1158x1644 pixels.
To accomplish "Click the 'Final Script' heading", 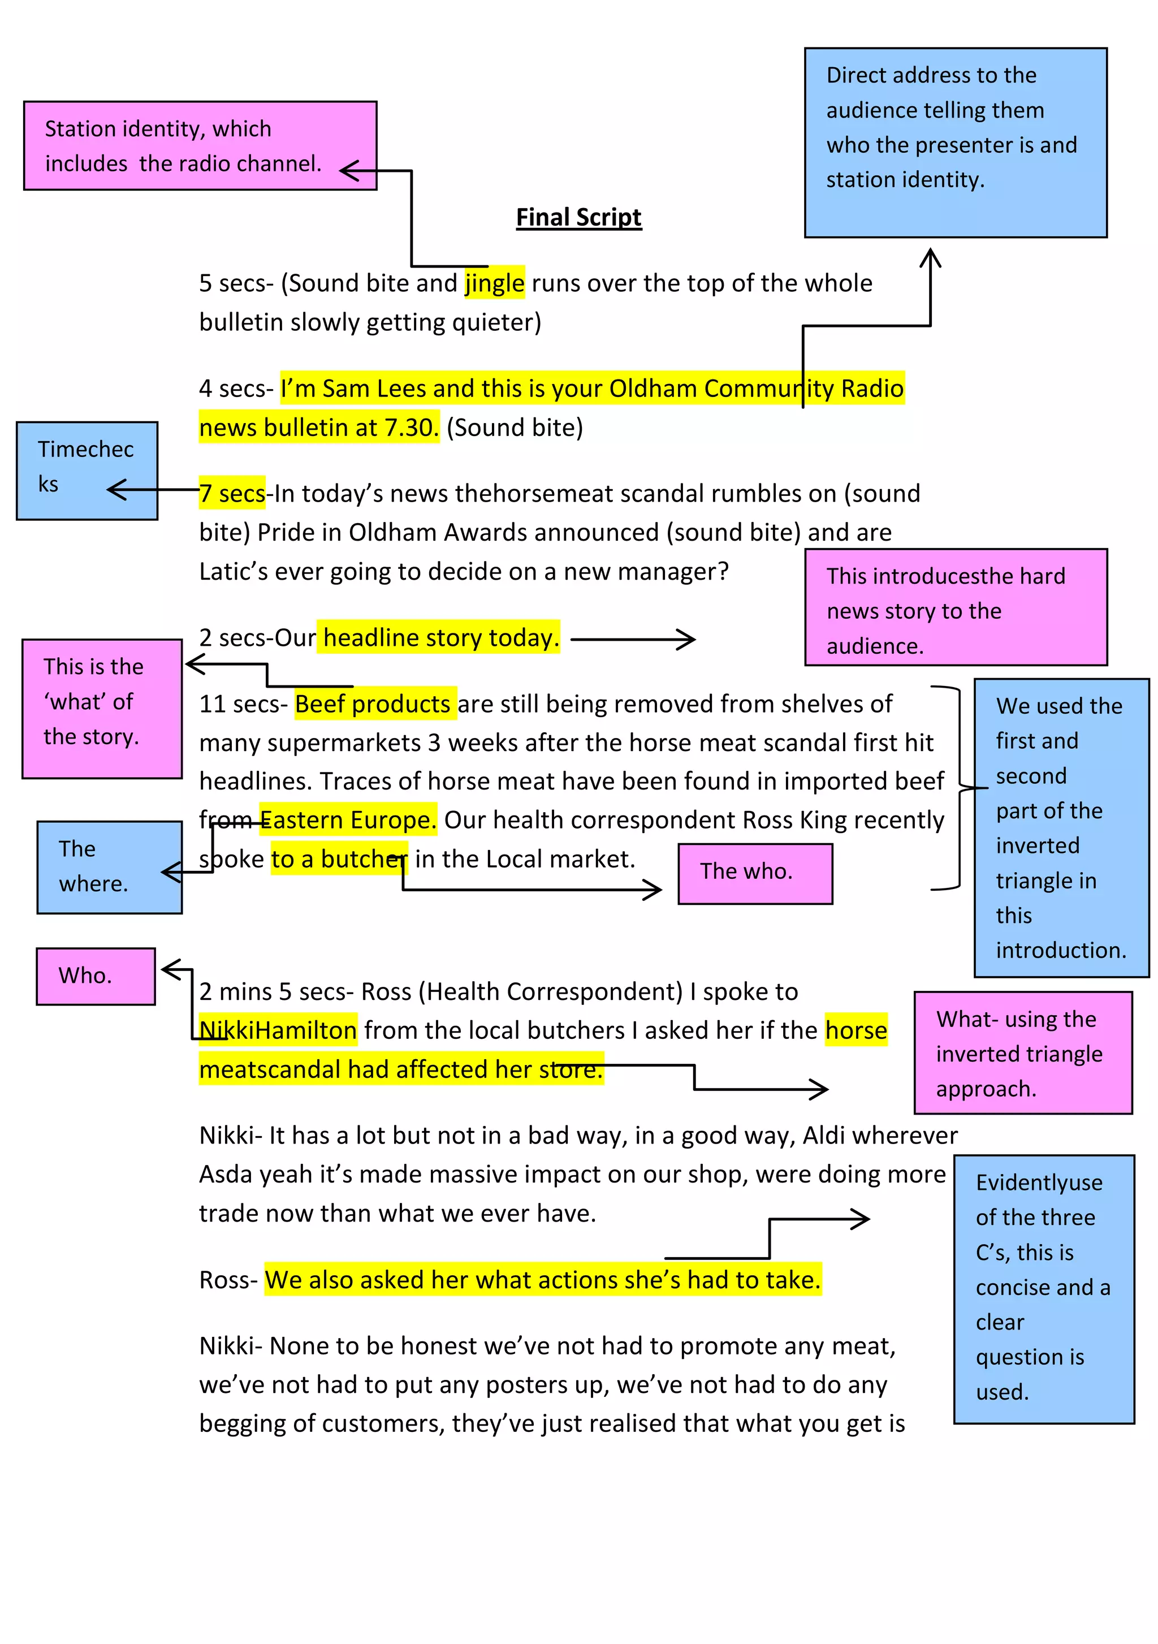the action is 578,217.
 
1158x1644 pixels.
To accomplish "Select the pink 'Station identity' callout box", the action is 200,146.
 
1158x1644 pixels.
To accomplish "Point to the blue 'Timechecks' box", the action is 87,470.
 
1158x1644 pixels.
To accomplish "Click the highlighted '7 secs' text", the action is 232,493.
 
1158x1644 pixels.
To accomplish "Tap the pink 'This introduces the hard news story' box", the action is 955,607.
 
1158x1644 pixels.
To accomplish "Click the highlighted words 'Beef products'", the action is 372,704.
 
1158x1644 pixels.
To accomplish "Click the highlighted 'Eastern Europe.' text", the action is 348,820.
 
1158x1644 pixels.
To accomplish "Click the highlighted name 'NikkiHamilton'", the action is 278,1030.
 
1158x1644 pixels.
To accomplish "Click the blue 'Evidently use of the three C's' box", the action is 1043,1288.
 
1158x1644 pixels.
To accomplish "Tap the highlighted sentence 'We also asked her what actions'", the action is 542,1280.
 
